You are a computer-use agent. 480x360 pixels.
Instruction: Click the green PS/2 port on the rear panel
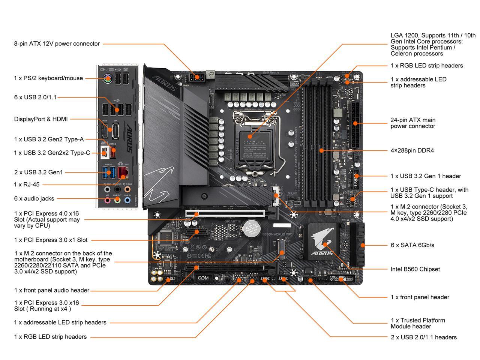(107, 79)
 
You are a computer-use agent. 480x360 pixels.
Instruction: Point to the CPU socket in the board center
(255, 141)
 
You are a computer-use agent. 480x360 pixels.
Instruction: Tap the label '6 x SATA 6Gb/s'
(412, 245)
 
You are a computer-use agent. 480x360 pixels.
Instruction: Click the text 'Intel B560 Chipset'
(415, 269)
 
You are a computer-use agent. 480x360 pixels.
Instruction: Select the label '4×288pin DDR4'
(412, 150)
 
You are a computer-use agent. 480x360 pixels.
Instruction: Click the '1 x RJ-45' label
(27, 184)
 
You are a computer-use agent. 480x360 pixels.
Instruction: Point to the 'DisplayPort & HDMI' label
(41, 119)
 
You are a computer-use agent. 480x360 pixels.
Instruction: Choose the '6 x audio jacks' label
(34, 198)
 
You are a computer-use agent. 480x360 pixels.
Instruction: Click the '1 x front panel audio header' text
(52, 290)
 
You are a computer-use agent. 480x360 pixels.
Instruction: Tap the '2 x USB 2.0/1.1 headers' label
(424, 337)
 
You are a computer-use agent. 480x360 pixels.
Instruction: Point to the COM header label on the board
(203, 278)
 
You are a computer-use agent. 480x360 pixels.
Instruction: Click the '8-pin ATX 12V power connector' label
(57, 43)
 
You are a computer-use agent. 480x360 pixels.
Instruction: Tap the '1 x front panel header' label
(420, 297)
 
